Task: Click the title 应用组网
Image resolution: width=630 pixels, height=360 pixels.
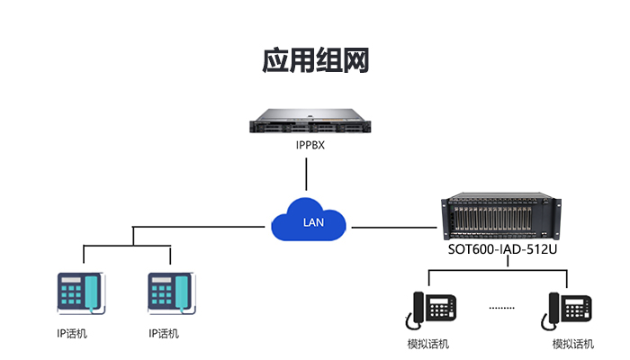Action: point(315,60)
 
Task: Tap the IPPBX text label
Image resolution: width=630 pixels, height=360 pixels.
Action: point(310,144)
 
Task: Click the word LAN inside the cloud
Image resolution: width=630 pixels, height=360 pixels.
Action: point(311,222)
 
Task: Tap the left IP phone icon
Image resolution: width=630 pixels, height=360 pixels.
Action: point(81,293)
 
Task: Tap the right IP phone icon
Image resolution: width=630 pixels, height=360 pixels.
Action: point(170,293)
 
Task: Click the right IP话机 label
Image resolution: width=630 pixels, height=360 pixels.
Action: point(164,334)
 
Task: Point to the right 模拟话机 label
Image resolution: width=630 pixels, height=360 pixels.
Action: point(573,344)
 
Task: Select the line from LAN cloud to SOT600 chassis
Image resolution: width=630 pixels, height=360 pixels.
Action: point(396,221)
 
